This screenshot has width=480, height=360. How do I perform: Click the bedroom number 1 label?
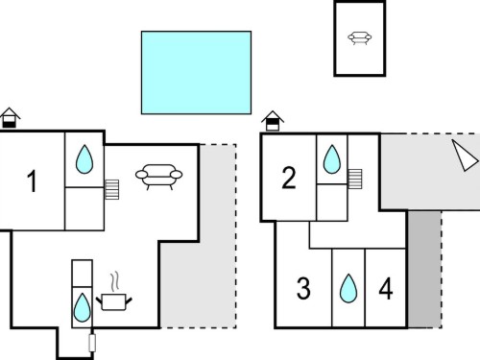32,181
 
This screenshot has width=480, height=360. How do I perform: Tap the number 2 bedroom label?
289,178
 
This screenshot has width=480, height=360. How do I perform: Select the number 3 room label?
303,289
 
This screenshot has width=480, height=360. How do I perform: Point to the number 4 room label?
386,289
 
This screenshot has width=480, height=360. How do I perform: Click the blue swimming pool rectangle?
196,72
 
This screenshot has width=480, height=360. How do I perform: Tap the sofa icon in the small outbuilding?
360,37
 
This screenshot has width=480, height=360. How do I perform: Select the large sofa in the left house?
158,177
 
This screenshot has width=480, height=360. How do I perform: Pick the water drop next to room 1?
84,159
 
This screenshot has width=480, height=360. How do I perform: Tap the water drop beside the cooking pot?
83,307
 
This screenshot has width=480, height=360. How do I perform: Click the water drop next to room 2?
332,159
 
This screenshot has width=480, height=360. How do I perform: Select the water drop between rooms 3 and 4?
348,288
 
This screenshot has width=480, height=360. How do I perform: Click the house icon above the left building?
10,118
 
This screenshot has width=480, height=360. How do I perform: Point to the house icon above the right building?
273,121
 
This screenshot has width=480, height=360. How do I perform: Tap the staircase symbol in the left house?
112,189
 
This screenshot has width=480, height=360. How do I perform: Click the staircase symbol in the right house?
355,179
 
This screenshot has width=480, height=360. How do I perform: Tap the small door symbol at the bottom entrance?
92,343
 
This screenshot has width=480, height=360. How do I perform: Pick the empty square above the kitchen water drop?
83,274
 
